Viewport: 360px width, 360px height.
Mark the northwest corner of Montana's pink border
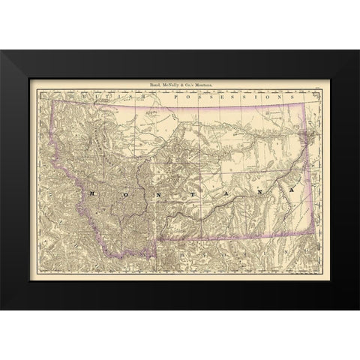tap(51, 102)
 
